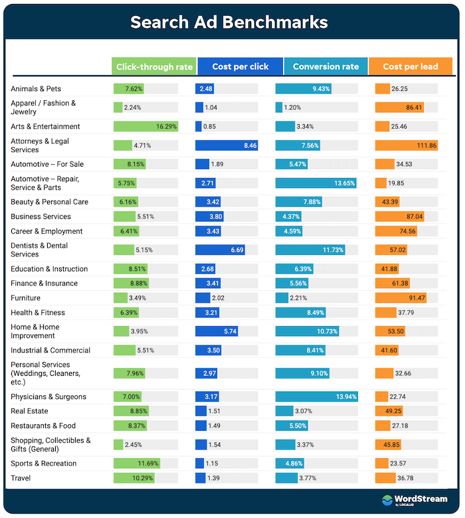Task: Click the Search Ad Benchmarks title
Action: [229, 22]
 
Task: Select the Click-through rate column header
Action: [154, 66]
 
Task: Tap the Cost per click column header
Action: [240, 66]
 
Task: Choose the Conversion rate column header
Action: [325, 66]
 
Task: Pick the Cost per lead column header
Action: [411, 66]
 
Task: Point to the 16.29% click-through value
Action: [166, 126]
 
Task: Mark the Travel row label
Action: [22, 478]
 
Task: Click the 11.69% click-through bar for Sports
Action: [136, 464]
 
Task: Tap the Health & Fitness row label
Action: [38, 312]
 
